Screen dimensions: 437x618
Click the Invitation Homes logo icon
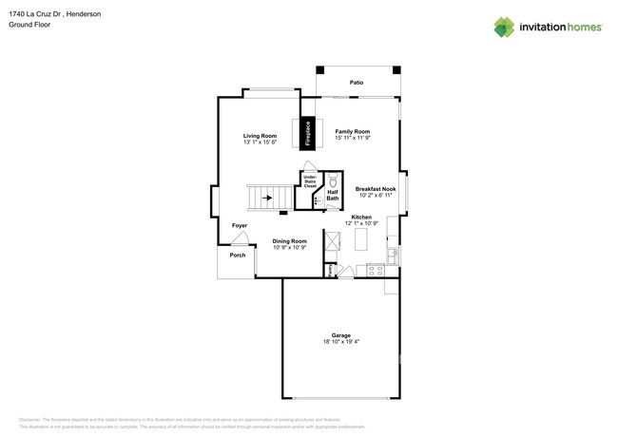coord(504,28)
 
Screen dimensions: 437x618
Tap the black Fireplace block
coord(307,133)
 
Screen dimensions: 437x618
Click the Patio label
coord(357,83)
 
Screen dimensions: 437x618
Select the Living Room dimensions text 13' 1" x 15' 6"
coord(260,142)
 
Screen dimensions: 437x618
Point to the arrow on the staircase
coord(267,199)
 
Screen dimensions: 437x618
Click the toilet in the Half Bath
coord(334,180)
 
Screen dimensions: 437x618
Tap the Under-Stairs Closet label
coord(310,180)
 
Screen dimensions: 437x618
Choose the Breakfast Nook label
coord(376,189)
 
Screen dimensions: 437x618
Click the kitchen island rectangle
coord(360,240)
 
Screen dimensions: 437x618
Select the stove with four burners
coord(375,271)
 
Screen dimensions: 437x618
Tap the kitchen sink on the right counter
coord(393,255)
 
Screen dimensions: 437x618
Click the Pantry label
coord(330,271)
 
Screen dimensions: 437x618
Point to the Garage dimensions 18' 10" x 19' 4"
coord(340,342)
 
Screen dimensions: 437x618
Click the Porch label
coord(238,255)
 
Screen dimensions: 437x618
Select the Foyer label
coord(240,226)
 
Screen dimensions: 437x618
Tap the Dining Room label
coord(289,240)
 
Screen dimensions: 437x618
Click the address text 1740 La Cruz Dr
coord(37,14)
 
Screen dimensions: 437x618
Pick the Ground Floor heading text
coord(29,25)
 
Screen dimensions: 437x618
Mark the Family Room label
coord(352,131)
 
